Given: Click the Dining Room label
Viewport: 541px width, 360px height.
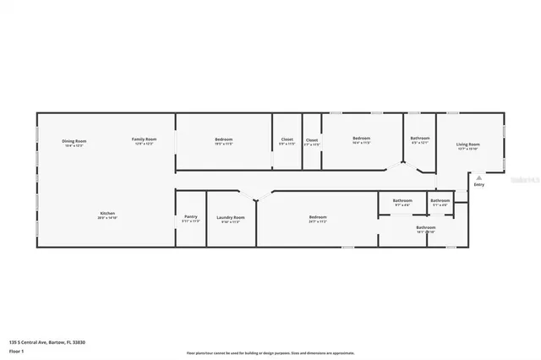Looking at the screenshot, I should click(x=75, y=140).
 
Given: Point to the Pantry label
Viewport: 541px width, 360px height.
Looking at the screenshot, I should click(x=191, y=217).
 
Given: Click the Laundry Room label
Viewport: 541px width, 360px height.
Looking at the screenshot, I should click(x=230, y=217).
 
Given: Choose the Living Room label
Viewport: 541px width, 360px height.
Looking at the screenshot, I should click(x=468, y=145).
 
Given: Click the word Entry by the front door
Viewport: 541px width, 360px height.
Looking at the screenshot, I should click(x=478, y=184).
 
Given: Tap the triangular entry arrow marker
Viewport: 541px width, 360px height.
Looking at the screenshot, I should click(x=478, y=177).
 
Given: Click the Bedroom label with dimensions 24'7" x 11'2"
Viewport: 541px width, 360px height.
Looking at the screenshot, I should click(x=318, y=217).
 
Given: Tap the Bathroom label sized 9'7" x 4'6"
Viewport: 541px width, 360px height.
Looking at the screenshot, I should click(x=402, y=200).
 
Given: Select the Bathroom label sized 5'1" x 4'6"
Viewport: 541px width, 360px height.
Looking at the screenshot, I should click(x=440, y=200).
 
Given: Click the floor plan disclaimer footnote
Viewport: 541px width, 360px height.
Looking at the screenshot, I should click(x=270, y=352).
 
